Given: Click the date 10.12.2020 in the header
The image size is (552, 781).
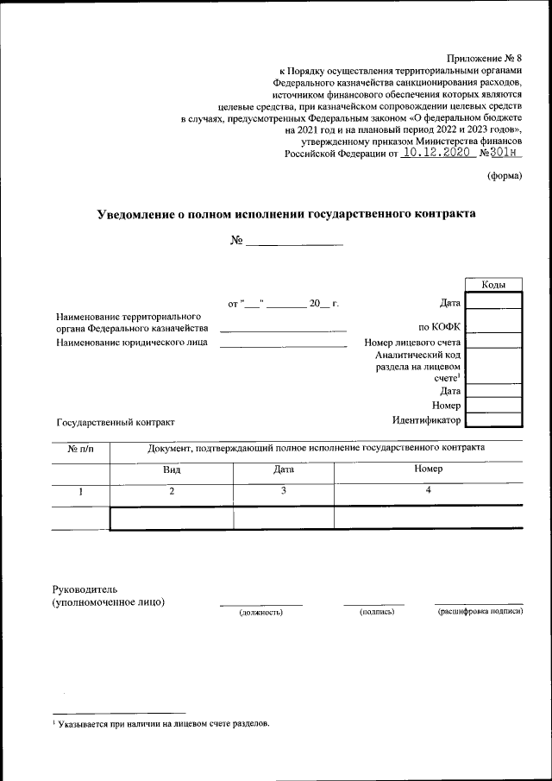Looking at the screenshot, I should point(438,153).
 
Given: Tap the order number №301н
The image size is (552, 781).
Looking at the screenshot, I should point(502,153).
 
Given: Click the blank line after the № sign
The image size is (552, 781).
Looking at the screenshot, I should point(295,242).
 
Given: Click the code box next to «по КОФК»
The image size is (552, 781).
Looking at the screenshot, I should point(493,326).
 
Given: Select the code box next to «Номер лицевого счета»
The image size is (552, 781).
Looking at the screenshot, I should point(493,342).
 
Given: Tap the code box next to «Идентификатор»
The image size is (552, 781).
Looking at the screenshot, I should point(493,420).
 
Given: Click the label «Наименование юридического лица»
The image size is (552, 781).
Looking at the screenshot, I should point(132,343).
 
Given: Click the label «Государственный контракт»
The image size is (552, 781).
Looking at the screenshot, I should point(116,422).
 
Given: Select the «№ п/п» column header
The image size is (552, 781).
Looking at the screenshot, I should point(81,448).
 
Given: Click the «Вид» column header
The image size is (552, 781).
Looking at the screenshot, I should point(172,469).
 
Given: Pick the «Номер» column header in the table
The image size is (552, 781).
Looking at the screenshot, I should point(428,469).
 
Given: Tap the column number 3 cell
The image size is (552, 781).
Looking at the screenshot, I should point(284,490).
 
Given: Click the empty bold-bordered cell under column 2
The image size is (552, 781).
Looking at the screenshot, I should point(172,517).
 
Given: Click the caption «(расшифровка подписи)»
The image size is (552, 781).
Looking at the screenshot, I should point(480,612).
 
